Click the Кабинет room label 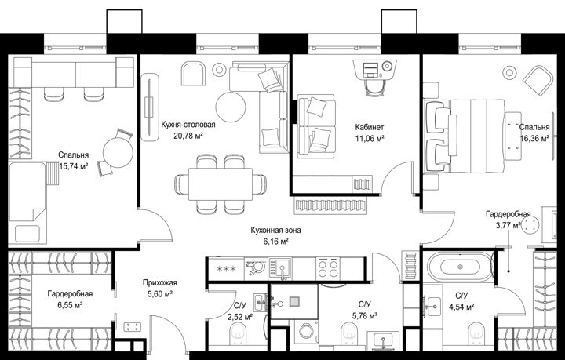(x=370, y=127)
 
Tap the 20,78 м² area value (x=188, y=136)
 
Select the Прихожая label (x=159, y=283)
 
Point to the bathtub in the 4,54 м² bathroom (x=460, y=267)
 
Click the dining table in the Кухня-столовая (x=221, y=184)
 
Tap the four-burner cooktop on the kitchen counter (x=328, y=268)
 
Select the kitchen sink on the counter (x=282, y=268)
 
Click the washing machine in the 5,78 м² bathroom (x=306, y=331)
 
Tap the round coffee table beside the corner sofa (x=231, y=107)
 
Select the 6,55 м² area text (x=70, y=305)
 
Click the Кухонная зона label (x=275, y=230)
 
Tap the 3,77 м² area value (x=508, y=226)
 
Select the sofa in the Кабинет (x=315, y=126)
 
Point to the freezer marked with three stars (x=225, y=268)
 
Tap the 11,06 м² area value (x=370, y=138)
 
